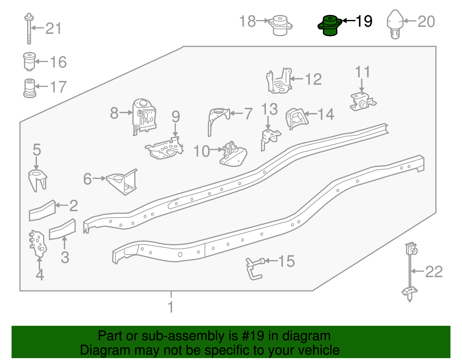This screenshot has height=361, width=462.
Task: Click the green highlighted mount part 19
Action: (x=330, y=26)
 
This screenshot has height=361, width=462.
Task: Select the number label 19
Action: (x=364, y=21)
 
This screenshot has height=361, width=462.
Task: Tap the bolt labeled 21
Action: (x=29, y=29)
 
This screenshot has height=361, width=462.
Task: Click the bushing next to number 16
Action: (x=29, y=61)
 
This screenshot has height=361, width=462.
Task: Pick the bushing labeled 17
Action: (x=29, y=88)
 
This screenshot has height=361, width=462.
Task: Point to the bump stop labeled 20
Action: (x=395, y=24)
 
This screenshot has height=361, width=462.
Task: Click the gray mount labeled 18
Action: (x=280, y=25)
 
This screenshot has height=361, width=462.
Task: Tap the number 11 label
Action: (x=362, y=72)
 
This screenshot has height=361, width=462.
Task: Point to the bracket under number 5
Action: (x=37, y=180)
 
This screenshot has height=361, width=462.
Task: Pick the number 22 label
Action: (x=434, y=272)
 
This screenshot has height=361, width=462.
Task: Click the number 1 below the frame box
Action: (x=171, y=307)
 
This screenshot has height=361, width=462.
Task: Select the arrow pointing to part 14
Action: (x=311, y=114)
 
